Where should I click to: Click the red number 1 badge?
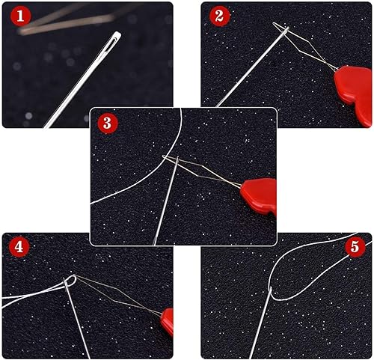[x=20, y=16]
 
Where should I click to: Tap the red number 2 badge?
[x=219, y=16]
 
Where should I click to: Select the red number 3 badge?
[x=107, y=123]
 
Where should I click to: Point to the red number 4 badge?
[x=19, y=247]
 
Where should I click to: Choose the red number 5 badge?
[x=355, y=247]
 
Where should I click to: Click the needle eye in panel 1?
[x=113, y=40]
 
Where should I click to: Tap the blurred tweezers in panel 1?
[x=67, y=21]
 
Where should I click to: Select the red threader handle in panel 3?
[x=260, y=196]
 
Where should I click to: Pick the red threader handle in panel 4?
[x=167, y=322]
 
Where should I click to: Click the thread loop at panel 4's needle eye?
[x=71, y=281]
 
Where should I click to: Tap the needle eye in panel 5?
[x=271, y=290]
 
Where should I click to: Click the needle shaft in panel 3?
[x=165, y=201]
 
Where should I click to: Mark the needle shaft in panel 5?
[x=260, y=323]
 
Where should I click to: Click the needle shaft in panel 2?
[x=252, y=67]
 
